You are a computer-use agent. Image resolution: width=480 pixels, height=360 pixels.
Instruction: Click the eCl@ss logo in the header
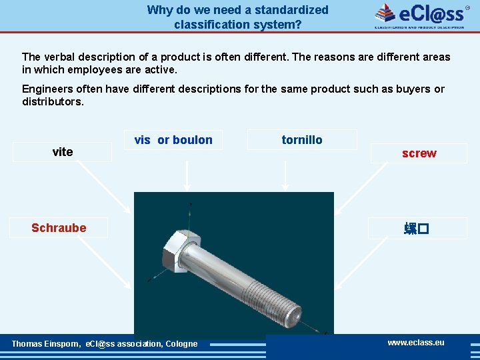[419, 15]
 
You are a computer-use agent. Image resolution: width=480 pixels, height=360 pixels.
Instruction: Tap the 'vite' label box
[63, 152]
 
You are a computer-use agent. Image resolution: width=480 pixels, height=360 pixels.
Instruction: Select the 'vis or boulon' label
[173, 140]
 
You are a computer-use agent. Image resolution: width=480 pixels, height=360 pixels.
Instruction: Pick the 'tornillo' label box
[301, 140]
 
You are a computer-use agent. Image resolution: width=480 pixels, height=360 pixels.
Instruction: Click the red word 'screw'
[419, 153]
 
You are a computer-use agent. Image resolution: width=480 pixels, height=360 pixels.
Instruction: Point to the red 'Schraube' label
[59, 228]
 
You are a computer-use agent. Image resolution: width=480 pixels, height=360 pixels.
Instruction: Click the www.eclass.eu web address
[416, 343]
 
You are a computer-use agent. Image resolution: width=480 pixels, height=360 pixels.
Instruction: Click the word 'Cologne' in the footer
[181, 344]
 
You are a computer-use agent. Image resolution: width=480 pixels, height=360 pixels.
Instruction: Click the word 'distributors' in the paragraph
[51, 103]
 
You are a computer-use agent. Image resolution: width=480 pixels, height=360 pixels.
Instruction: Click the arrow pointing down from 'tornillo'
[285, 177]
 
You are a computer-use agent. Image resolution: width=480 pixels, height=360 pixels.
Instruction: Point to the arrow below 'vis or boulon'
[188, 177]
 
